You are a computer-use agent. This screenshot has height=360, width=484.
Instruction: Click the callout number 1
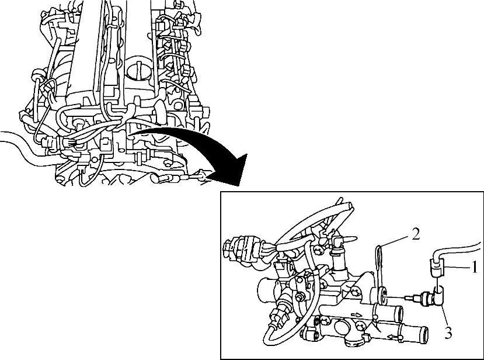pos(475,267)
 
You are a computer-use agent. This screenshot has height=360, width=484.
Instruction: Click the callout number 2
pos(416,234)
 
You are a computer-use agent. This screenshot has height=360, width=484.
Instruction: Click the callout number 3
pos(448,333)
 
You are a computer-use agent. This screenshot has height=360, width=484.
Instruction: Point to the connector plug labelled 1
pos(437,268)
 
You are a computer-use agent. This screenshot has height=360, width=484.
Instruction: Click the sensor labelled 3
pos(430,298)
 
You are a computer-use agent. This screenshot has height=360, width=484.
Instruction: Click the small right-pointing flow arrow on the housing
pos(356,315)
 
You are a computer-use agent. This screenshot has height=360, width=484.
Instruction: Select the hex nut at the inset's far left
pos(228,246)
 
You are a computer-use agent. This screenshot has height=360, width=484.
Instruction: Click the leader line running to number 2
pos(396,240)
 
